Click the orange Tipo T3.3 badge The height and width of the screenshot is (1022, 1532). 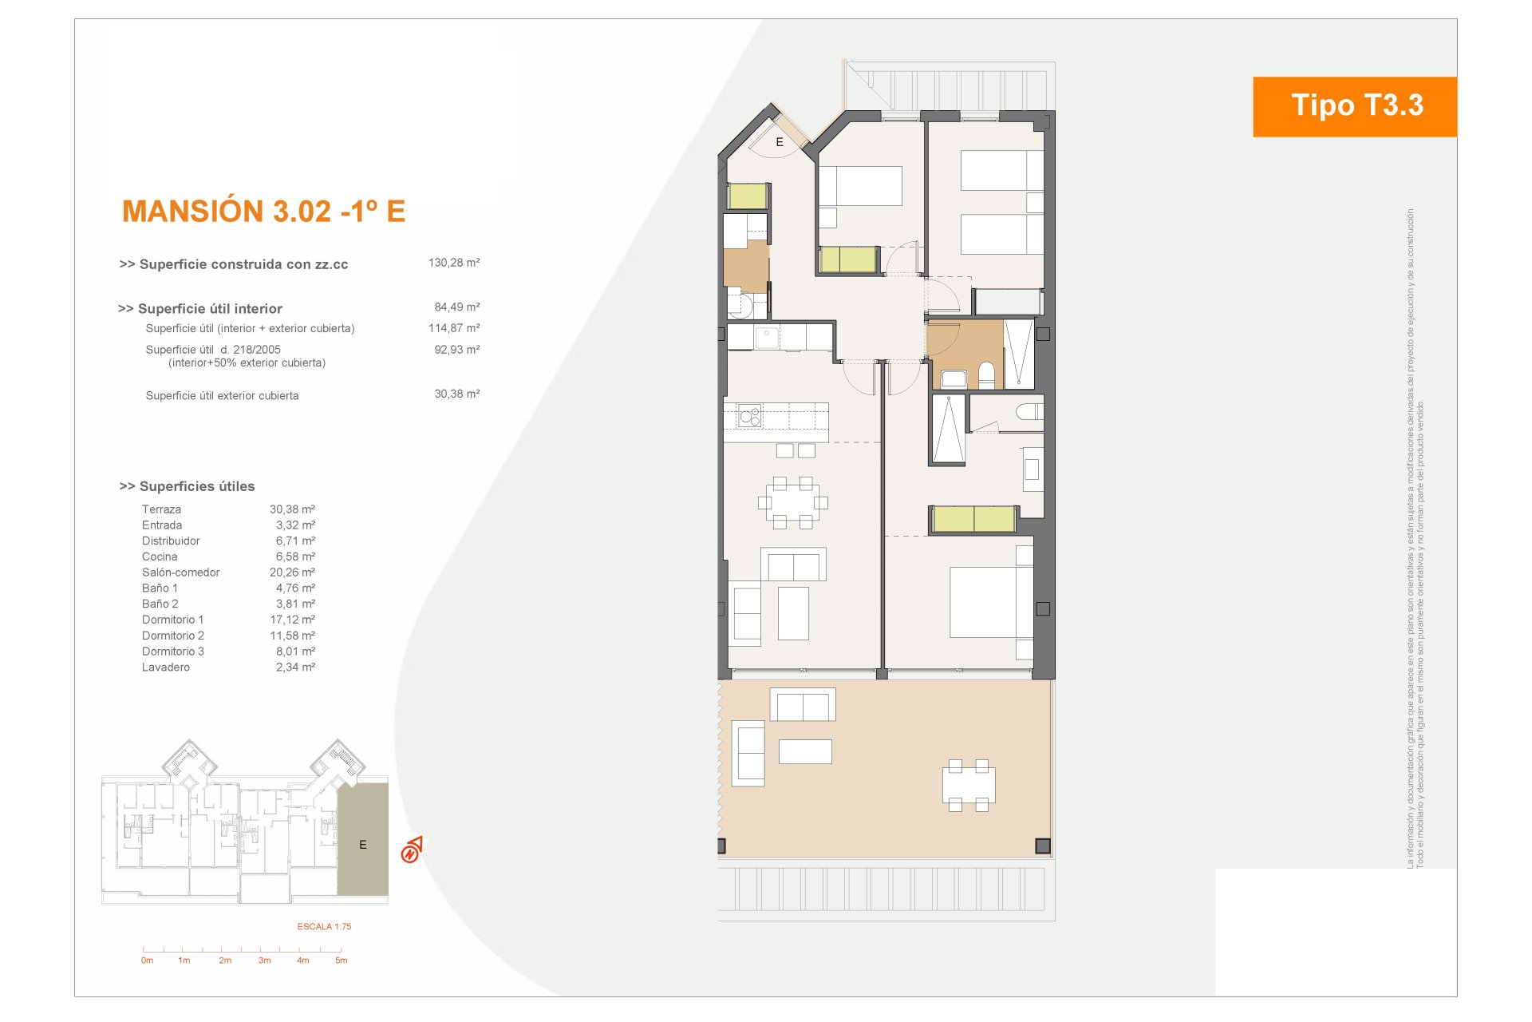click(x=1355, y=106)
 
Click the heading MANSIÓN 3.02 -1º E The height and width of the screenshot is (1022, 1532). click(x=264, y=212)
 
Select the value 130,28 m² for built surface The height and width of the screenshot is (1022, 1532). click(x=454, y=263)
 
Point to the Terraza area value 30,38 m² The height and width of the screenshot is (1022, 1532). click(x=292, y=509)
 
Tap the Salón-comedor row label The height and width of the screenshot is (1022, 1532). click(x=180, y=572)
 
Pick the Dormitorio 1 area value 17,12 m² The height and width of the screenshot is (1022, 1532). click(x=292, y=620)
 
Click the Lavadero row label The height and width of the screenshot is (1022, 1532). click(x=166, y=667)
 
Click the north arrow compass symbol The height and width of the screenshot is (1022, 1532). click(x=412, y=850)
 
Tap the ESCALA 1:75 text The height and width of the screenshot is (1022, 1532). click(x=324, y=927)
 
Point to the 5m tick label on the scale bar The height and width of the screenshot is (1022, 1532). click(x=342, y=961)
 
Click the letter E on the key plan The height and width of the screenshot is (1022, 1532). click(x=363, y=845)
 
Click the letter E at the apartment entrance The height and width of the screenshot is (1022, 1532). click(x=780, y=142)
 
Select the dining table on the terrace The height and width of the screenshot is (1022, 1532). click(x=969, y=786)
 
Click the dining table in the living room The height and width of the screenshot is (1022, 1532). click(x=792, y=503)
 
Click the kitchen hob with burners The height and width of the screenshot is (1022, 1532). click(x=750, y=416)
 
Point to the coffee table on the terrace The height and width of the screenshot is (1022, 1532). click(x=805, y=751)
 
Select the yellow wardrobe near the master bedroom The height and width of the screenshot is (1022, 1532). click(x=973, y=519)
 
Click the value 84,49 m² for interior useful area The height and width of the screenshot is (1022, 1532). click(x=457, y=307)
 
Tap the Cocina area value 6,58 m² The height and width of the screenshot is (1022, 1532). click(x=295, y=557)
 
